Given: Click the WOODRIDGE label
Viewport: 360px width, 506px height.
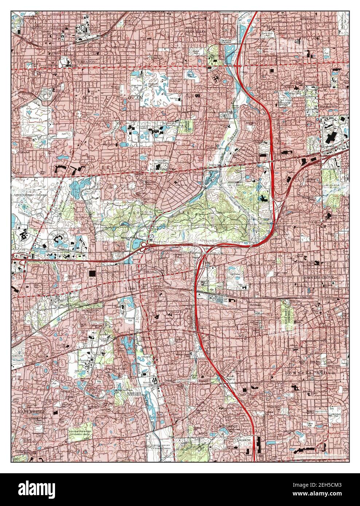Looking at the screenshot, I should point(228,426).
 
